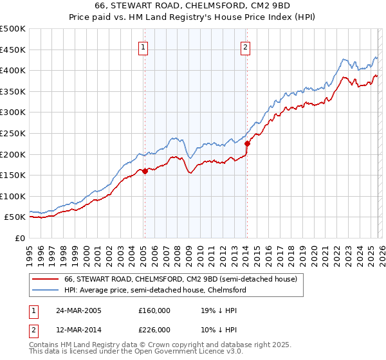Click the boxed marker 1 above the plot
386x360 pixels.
[x=143, y=46]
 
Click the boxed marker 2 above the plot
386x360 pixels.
[x=246, y=46]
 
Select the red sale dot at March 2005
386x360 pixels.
[x=145, y=171]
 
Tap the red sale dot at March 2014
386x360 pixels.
[x=247, y=143]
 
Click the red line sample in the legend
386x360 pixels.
[x=46, y=280]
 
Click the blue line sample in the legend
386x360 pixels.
[x=46, y=291]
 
